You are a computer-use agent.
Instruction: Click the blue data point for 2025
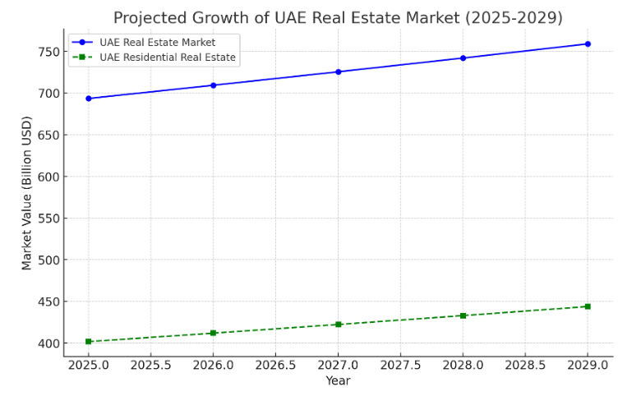(x=89, y=99)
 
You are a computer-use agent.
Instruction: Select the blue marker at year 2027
(x=338, y=71)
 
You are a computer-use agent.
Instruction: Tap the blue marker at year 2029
(x=588, y=44)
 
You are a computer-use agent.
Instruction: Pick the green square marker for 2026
(x=213, y=333)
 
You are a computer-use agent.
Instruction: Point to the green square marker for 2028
(x=463, y=315)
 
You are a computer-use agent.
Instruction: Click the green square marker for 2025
(x=89, y=342)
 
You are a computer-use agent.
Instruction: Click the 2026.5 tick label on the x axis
(x=275, y=365)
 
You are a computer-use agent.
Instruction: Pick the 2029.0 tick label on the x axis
(x=588, y=365)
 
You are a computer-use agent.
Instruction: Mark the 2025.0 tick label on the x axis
(x=89, y=365)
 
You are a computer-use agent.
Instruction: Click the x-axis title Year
(x=338, y=381)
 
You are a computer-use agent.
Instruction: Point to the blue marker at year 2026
(x=213, y=85)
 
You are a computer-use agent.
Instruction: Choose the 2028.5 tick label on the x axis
(x=525, y=365)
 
